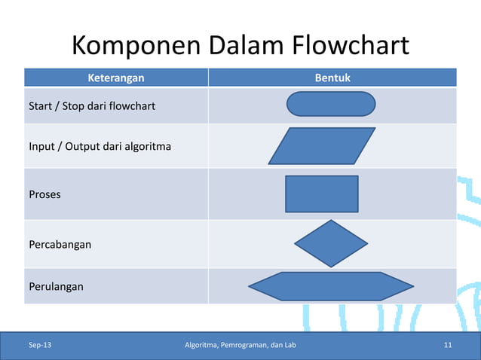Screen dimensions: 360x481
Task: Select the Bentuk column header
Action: tap(332, 78)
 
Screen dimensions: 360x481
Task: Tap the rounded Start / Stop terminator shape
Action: tap(331, 104)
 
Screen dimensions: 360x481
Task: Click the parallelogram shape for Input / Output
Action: tap(322, 145)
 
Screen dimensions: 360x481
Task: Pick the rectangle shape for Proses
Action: tap(322, 194)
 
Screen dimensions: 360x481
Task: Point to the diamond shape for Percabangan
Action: tap(331, 243)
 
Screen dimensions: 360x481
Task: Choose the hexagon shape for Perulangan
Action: tap(331, 286)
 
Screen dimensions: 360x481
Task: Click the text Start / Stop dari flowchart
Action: tap(92, 105)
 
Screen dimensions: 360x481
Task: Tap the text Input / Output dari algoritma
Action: tap(100, 145)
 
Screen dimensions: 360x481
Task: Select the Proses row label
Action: tap(44, 194)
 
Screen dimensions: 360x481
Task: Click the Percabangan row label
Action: tap(60, 244)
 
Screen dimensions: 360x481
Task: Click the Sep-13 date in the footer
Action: tap(41, 346)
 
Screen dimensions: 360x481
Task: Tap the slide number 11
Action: tap(448, 346)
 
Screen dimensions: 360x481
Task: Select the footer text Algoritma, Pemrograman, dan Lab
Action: tap(240, 346)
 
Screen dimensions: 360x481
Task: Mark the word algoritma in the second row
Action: tap(148, 145)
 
